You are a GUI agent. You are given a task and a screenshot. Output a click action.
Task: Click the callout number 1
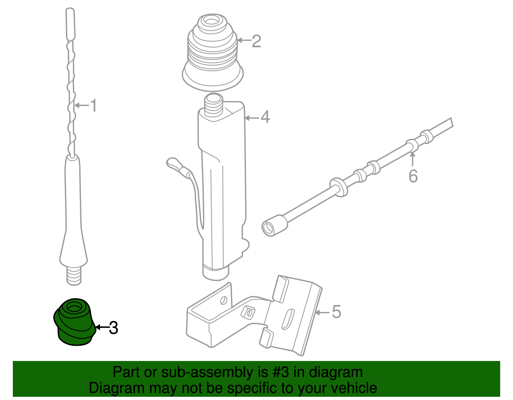click(x=93, y=105)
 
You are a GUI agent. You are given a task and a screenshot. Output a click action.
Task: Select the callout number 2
click(x=256, y=41)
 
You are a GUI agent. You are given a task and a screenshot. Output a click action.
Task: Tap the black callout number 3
click(x=113, y=328)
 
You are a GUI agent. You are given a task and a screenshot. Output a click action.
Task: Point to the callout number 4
click(x=265, y=117)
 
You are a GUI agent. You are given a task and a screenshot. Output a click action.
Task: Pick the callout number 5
click(x=336, y=312)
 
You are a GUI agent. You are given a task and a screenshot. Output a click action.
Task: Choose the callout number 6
click(x=413, y=176)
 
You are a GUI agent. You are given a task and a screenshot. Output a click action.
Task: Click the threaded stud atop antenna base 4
click(x=213, y=106)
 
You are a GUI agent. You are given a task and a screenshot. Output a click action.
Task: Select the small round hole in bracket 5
click(x=223, y=300)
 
